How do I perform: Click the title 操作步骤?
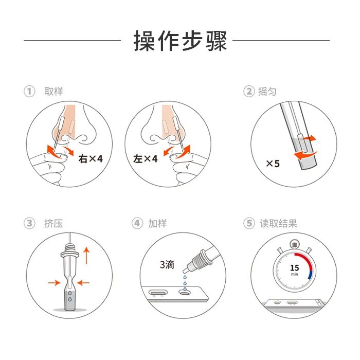point(180,41)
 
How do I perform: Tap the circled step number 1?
point(29,92)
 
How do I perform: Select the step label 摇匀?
point(267,92)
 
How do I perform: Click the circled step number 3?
point(29,223)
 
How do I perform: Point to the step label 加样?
point(157,223)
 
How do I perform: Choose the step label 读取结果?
point(279,223)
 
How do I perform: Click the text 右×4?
point(91,158)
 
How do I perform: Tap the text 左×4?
point(146,158)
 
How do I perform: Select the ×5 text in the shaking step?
point(273,164)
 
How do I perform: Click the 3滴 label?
point(167,264)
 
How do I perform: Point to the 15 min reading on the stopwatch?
point(295,269)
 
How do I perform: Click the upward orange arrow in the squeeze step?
point(86,255)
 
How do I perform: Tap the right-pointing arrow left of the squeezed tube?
point(55,283)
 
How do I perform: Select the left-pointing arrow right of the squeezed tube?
point(83,283)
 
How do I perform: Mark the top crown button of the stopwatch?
point(295,244)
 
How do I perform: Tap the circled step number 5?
point(249,223)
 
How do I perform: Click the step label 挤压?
point(53,223)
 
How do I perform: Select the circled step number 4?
point(137,223)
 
